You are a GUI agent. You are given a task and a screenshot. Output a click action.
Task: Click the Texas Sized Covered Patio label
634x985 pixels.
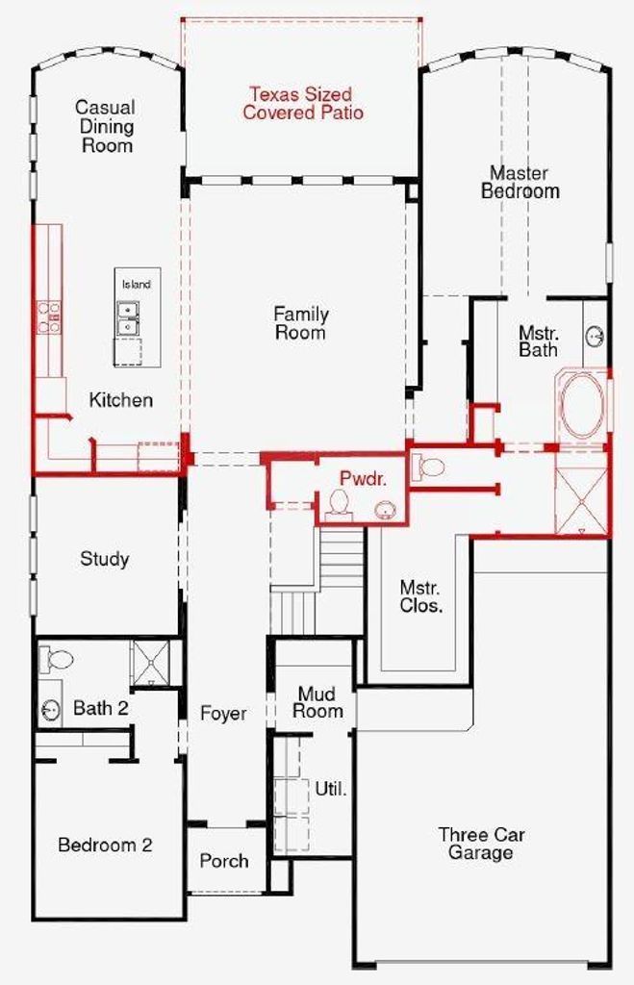coord(303,104)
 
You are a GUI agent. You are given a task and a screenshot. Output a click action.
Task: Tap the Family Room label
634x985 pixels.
coord(301,323)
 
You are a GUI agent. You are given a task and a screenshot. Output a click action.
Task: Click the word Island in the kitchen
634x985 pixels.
coord(137,285)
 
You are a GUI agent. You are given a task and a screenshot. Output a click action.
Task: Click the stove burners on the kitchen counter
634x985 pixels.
coord(49,317)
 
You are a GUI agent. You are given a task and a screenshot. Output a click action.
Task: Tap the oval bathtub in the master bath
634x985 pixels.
coord(582,406)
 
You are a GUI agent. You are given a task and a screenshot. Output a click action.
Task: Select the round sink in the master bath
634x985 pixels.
coord(595,337)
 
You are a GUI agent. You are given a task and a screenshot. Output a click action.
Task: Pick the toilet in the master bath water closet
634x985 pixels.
coord(427,467)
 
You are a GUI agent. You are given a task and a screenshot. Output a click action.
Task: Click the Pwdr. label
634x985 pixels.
coord(364,479)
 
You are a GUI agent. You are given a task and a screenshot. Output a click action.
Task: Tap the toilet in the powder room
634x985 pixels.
coord(340,504)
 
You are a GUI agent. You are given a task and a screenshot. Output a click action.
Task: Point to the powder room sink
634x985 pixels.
coord(385,510)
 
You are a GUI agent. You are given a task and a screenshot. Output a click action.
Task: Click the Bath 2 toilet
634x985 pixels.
coord(55,659)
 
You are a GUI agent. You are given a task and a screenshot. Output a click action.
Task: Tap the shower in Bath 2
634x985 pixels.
coord(149,663)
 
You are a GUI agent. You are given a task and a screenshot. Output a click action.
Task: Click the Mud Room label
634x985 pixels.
coord(317,702)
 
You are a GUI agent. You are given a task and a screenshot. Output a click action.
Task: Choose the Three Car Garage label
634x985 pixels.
coord(481,844)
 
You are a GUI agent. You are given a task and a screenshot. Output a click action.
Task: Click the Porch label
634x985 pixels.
coord(224,861)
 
